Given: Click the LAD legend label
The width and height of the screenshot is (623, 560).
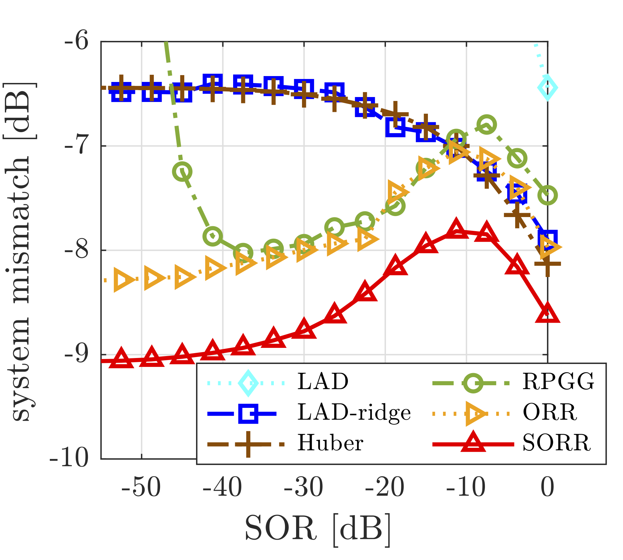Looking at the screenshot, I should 323,382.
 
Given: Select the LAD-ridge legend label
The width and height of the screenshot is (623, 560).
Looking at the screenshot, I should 354,412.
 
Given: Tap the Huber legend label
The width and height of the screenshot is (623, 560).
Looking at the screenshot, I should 331,443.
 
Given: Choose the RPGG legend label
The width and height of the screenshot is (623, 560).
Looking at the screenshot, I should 558,382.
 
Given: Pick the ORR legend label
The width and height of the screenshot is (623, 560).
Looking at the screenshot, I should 550,412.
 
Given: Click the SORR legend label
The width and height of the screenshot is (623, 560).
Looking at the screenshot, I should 556,443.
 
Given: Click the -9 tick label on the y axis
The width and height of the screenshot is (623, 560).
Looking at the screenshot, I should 76,354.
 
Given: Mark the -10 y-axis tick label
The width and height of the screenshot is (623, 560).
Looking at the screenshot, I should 69,458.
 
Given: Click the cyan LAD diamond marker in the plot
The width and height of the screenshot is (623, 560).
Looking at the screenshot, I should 547,88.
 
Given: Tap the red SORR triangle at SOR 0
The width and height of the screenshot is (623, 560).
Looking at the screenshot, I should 547,313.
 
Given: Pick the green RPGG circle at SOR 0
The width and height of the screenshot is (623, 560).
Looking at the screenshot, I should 547,195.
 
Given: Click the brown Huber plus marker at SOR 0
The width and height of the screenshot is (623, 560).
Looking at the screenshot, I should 547,264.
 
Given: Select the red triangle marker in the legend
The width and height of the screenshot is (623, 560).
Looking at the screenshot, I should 473,443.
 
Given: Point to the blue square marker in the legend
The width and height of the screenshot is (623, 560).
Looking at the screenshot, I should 248,413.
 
